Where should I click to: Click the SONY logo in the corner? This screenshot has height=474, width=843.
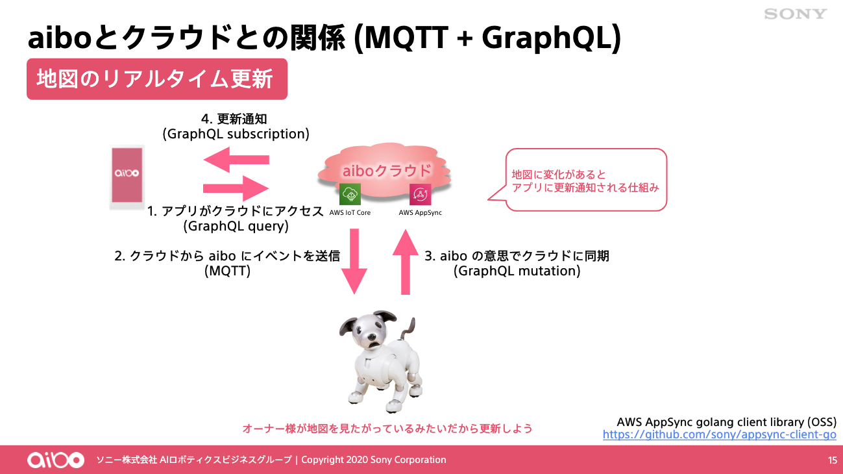[795, 14]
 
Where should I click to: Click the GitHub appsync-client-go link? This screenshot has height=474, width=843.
[719, 434]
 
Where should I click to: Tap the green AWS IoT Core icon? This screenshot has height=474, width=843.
[350, 194]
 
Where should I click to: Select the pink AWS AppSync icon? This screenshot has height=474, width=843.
[420, 194]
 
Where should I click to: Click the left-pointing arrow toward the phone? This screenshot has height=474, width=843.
[236, 160]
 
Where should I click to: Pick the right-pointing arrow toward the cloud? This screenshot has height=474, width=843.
[236, 188]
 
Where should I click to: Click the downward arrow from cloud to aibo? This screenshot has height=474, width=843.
[354, 261]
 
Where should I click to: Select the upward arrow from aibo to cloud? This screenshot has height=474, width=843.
[406, 262]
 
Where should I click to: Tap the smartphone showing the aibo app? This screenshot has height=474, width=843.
[127, 177]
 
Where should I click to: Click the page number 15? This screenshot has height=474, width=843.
[832, 460]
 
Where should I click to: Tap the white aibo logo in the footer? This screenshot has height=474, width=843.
[56, 460]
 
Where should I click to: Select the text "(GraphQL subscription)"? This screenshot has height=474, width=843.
[236, 134]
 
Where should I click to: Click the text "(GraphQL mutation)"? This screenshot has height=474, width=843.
[517, 271]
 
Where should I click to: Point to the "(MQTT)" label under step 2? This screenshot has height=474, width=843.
[227, 271]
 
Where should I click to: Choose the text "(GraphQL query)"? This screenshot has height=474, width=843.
[236, 226]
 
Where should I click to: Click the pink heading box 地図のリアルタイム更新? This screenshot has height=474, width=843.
[157, 79]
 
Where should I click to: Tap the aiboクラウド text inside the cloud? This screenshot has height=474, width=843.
[387, 171]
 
